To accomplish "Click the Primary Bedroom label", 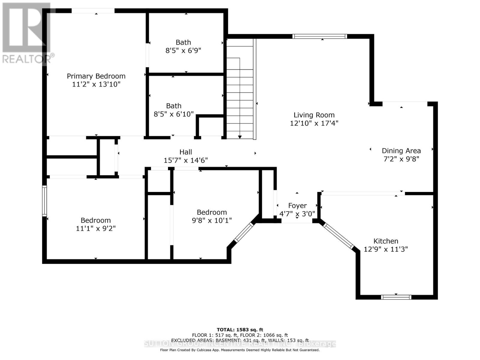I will click(96, 76).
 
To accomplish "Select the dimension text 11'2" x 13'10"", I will click(96, 84).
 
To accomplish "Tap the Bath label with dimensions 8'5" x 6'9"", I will click(183, 42).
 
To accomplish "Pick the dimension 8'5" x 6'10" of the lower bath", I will click(174, 114).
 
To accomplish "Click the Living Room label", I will click(314, 115).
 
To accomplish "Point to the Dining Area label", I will click(401, 151).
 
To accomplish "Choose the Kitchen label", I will click(386, 241).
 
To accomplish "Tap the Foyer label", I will click(297, 205).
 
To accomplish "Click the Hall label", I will click(186, 152).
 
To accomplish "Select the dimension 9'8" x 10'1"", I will click(212, 220).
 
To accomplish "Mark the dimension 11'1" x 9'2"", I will click(96, 229).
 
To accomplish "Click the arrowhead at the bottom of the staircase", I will click(240, 137).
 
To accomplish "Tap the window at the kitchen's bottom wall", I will click(396, 297).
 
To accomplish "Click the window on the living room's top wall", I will click(320, 36).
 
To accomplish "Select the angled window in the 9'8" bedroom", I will click(244, 232).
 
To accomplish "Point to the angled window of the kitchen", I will click(338, 236).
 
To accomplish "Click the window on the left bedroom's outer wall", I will click(44, 201).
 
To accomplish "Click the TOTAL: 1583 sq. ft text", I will click(240, 330).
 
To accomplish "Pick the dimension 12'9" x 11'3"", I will click(386, 249).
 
